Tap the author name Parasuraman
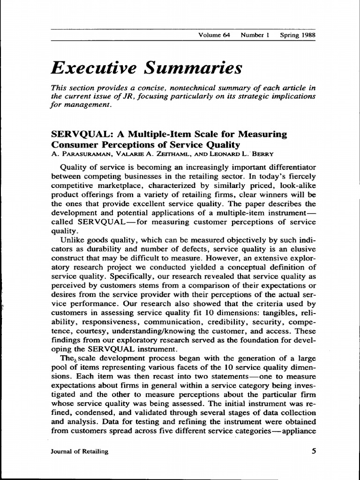point(80,154)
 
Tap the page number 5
point(313,451)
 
